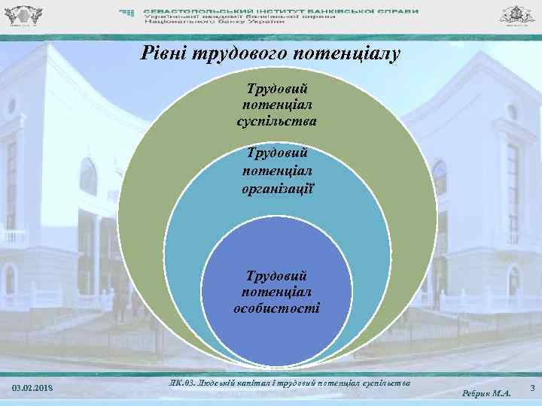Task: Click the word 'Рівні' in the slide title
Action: [160, 55]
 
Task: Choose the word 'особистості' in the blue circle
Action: [277, 308]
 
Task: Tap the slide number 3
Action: [532, 388]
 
